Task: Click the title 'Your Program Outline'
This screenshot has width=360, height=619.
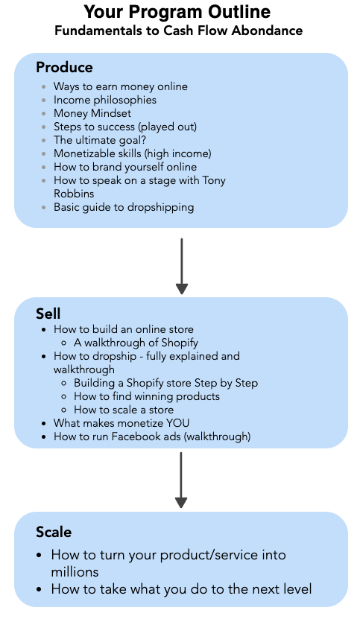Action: coord(177,12)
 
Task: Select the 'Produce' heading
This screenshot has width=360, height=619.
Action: coord(64,68)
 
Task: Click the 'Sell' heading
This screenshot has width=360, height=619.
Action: coord(48,314)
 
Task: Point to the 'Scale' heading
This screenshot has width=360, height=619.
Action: coord(54,532)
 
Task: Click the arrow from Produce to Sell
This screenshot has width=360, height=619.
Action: coord(181,266)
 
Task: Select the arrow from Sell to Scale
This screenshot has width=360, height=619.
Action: coord(180,480)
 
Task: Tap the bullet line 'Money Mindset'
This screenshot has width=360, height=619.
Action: coord(92,113)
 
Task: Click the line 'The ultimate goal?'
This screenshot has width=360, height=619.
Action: coord(100,140)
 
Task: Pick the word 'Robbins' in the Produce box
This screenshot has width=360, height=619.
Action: coord(74,194)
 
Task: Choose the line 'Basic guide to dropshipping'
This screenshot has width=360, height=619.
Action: coord(124,207)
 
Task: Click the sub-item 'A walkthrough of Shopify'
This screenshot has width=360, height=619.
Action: coord(136,343)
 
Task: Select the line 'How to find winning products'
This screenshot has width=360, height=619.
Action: coord(147,396)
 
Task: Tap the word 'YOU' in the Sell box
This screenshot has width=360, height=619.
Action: coord(177,423)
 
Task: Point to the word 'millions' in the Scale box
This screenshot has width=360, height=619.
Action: coord(75,572)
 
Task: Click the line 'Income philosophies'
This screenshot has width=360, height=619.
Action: coord(105,100)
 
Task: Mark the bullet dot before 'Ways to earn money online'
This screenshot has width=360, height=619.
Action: coord(44,86)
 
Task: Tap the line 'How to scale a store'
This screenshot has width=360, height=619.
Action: coord(124,410)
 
